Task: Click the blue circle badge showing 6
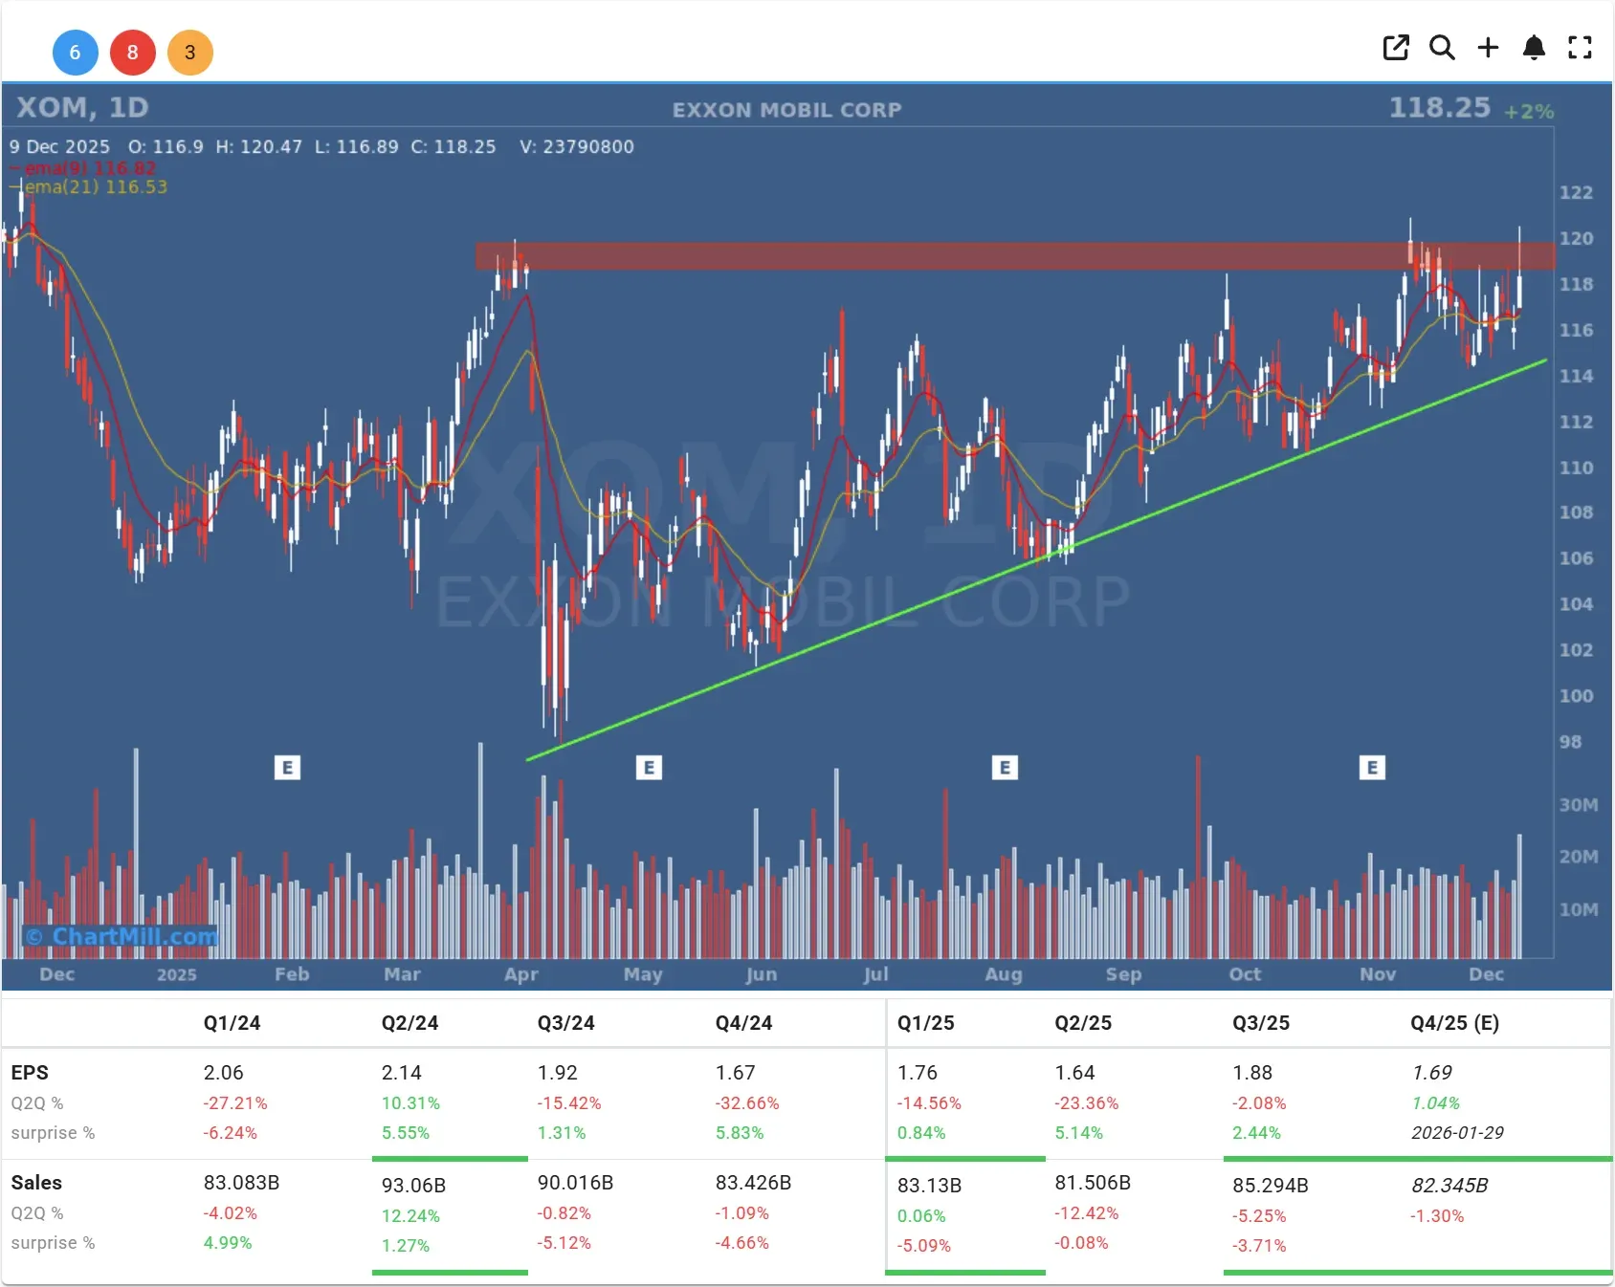[x=75, y=53]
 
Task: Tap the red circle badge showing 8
[x=132, y=53]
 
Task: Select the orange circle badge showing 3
[x=189, y=53]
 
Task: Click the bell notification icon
[x=1534, y=48]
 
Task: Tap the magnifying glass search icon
[x=1442, y=48]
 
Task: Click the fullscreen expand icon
[x=1580, y=48]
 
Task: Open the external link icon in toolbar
[x=1396, y=48]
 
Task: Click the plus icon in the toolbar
[x=1488, y=48]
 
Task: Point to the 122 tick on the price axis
[x=1576, y=192]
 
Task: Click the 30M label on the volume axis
[x=1578, y=805]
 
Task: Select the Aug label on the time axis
[x=1003, y=974]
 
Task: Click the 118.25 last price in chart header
[x=1439, y=108]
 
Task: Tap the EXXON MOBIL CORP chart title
[x=786, y=110]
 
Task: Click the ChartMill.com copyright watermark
[x=122, y=936]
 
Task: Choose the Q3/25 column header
[x=1260, y=1023]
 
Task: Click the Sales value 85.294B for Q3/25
[x=1270, y=1186]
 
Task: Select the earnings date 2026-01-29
[x=1456, y=1133]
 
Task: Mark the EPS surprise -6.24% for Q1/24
[x=230, y=1133]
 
